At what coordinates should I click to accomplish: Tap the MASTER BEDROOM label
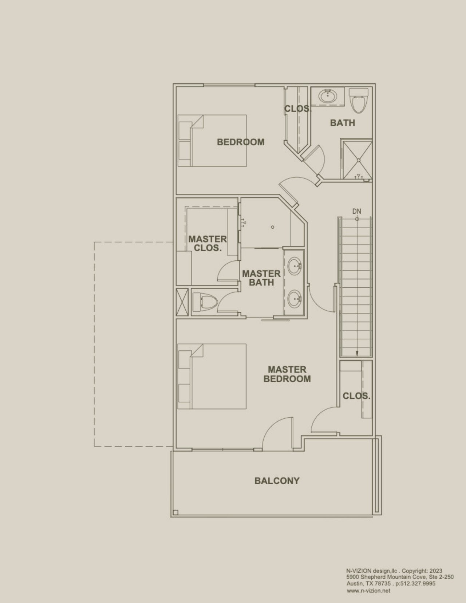pyautogui.click(x=287, y=374)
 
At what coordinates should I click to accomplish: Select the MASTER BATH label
pyautogui.click(x=261, y=278)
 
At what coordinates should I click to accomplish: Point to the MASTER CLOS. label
pyautogui.click(x=208, y=243)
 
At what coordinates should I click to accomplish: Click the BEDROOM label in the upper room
pyautogui.click(x=241, y=142)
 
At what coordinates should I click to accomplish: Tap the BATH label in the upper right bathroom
pyautogui.click(x=343, y=123)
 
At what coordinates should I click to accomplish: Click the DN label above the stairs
pyautogui.click(x=357, y=211)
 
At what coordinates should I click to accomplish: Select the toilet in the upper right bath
pyautogui.click(x=358, y=100)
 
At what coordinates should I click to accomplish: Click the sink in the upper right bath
pyautogui.click(x=328, y=96)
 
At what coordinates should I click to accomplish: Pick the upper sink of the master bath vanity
pyautogui.click(x=294, y=266)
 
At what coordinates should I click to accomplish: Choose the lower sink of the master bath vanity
pyautogui.click(x=294, y=299)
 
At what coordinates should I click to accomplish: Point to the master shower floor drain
pyautogui.click(x=273, y=227)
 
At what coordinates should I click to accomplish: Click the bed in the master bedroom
pyautogui.click(x=212, y=376)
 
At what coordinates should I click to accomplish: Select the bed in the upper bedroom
pyautogui.click(x=212, y=141)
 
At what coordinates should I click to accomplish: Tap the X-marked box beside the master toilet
pyautogui.click(x=182, y=302)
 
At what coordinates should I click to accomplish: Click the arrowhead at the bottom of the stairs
pyautogui.click(x=357, y=353)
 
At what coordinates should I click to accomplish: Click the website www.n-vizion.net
pyautogui.click(x=368, y=591)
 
